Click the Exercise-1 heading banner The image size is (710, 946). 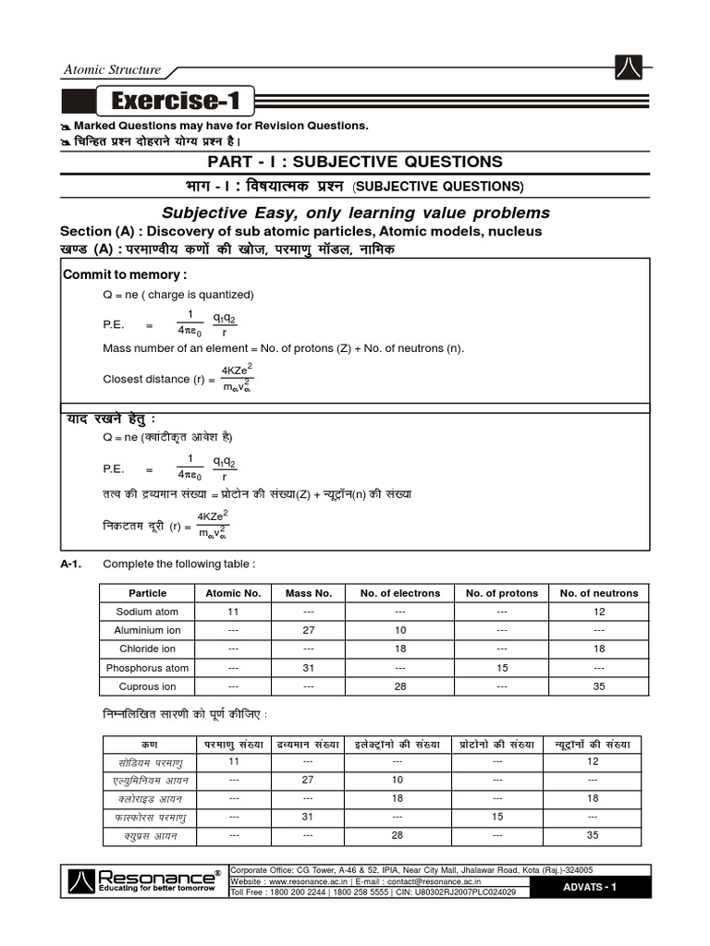[x=175, y=101]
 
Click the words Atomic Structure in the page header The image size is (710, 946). [x=112, y=69]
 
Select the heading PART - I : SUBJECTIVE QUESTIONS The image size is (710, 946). [x=355, y=162]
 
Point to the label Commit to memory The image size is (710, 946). [x=125, y=275]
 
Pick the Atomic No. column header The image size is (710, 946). [x=233, y=593]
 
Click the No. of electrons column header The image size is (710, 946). [x=400, y=593]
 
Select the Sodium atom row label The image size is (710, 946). [x=147, y=612]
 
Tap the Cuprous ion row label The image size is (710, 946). [x=147, y=686]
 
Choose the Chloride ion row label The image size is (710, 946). [x=147, y=649]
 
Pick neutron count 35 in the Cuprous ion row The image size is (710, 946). [x=599, y=686]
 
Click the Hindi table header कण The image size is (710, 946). [x=149, y=744]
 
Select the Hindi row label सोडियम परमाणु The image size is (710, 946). [x=150, y=762]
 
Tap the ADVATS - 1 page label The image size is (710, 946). [x=590, y=888]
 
